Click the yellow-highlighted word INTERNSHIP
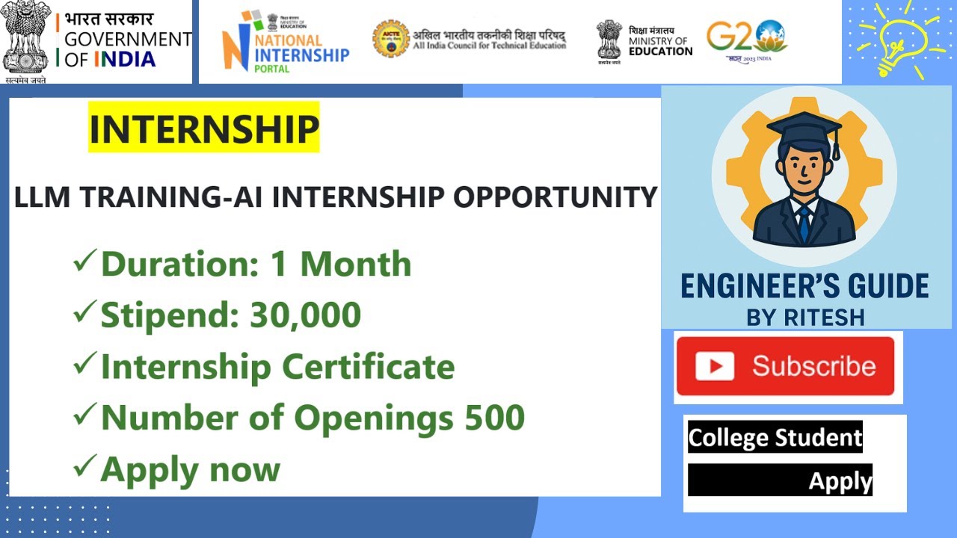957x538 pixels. [203, 128]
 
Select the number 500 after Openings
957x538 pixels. [494, 418]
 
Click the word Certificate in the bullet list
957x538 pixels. [368, 367]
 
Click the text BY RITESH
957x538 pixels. [805, 318]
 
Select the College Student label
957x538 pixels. [775, 437]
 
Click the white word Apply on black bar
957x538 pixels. [840, 480]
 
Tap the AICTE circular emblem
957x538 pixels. [391, 39]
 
